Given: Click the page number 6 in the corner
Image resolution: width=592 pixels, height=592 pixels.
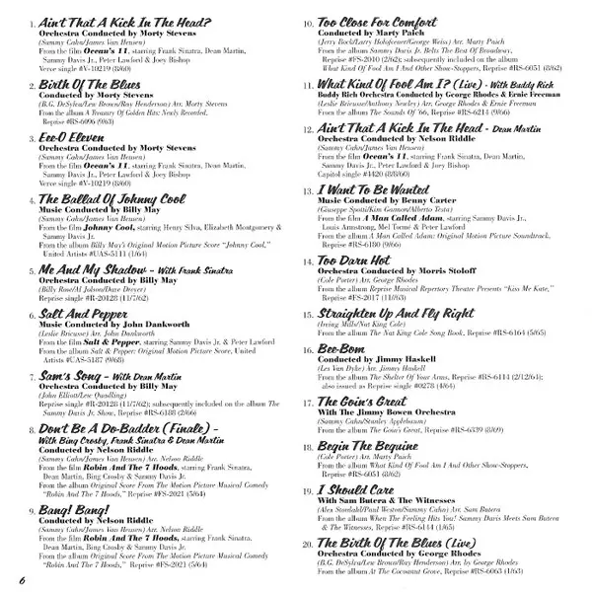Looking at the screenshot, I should click(x=19, y=576).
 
